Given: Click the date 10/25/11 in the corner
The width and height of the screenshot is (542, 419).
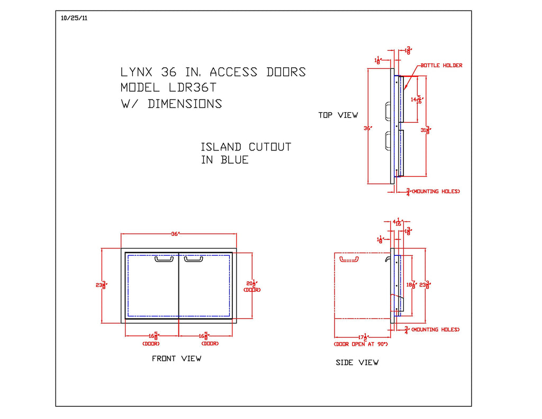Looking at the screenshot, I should (74, 17).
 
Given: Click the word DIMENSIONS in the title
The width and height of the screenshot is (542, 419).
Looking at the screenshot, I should (185, 104).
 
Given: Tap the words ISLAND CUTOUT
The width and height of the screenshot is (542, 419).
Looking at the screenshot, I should (246, 147).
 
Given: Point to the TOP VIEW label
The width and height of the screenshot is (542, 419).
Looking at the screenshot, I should (338, 115).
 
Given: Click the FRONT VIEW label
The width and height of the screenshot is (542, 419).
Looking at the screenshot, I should (176, 359).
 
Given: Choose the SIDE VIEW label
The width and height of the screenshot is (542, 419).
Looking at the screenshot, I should (357, 363).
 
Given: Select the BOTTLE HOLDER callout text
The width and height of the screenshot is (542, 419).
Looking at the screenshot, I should (441, 66).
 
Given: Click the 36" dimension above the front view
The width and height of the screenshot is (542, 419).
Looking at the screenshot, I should (176, 234).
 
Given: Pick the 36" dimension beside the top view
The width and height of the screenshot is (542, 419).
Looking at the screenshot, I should (367, 128).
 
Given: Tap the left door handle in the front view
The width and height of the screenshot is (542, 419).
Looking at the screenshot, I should (164, 259).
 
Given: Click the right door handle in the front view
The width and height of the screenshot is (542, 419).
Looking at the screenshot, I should (193, 259).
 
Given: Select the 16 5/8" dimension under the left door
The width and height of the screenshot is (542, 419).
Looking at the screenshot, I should (152, 336).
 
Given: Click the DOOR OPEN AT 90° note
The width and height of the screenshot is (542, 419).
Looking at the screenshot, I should (361, 344).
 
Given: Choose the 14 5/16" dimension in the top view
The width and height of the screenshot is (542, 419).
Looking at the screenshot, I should (417, 99).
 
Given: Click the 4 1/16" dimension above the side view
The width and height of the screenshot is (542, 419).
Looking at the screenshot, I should (397, 222).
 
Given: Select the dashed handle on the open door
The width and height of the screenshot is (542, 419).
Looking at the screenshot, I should (349, 260).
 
